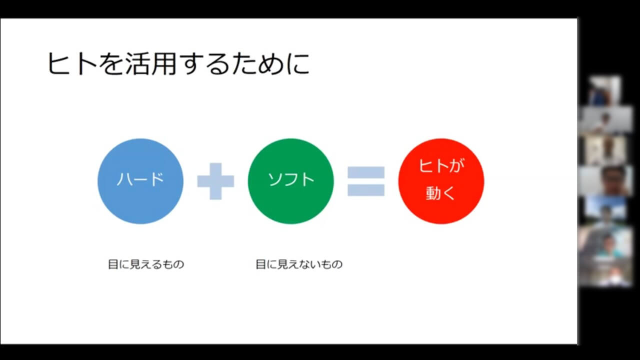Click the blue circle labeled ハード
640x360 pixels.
click(x=140, y=181)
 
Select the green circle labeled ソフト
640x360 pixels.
click(x=291, y=181)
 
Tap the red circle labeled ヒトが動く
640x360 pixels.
click(x=441, y=181)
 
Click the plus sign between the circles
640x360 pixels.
click(x=215, y=181)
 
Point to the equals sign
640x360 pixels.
click(x=366, y=181)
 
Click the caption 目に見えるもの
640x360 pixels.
click(x=146, y=264)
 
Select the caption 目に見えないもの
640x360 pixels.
click(x=299, y=264)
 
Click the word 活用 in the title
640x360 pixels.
click(x=150, y=63)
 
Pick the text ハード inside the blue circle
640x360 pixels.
click(x=140, y=179)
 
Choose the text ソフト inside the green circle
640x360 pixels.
click(x=291, y=179)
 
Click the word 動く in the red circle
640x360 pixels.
click(x=440, y=193)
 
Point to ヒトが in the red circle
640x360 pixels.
click(x=441, y=165)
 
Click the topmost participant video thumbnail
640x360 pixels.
click(x=604, y=90)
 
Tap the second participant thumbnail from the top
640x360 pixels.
click(x=606, y=120)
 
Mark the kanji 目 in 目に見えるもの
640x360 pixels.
click(x=113, y=264)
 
